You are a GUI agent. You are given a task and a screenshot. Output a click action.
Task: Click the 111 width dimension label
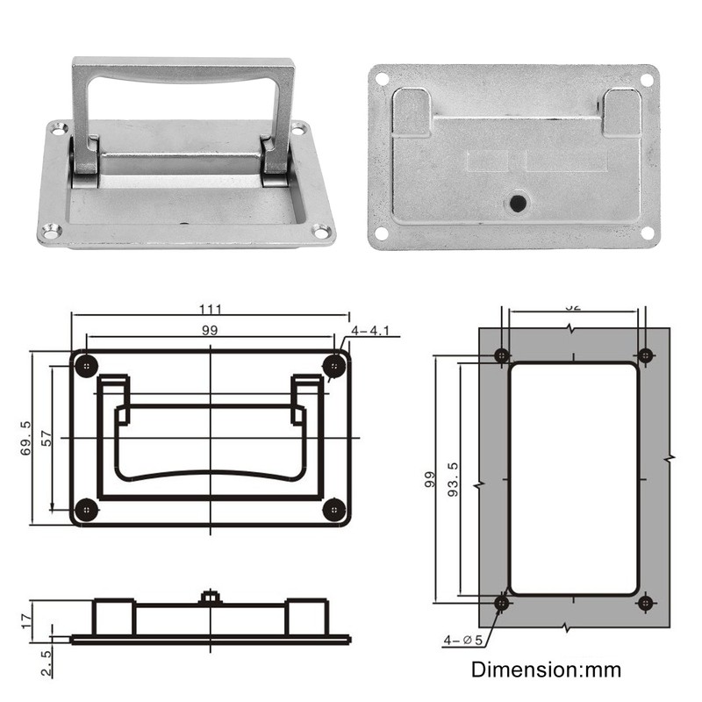211,309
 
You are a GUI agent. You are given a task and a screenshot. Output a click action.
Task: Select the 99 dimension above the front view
209,330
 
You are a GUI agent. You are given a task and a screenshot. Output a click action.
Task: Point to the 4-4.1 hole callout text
375,331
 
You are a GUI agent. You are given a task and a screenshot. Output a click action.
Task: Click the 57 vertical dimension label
47,438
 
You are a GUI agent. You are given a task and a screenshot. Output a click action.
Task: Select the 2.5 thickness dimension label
46,663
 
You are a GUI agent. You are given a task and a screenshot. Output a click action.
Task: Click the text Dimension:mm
546,670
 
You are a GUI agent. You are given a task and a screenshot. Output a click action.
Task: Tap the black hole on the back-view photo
517,204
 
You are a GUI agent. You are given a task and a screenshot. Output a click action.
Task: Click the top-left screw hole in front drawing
86,365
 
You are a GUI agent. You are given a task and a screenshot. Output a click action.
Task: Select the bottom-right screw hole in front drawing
333,510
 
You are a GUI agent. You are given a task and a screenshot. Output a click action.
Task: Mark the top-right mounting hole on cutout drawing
645,355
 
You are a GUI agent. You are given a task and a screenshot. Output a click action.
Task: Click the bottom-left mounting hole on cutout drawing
502,603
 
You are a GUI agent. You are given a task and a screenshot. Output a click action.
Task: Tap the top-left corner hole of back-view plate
382,79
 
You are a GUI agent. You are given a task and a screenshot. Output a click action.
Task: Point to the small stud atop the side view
210,598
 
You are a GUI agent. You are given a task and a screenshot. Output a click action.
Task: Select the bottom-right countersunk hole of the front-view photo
321,233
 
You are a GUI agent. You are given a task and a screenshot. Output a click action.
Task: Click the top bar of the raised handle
183,68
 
